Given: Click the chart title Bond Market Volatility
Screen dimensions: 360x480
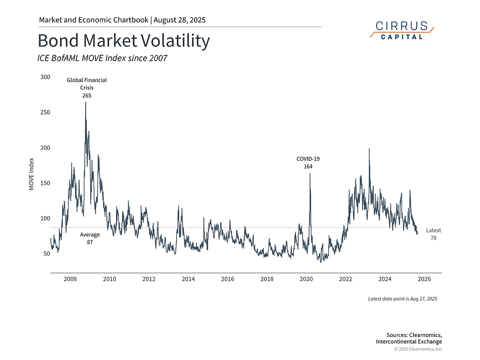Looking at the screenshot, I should pyautogui.click(x=123, y=41).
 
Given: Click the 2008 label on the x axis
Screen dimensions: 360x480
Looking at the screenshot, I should pyautogui.click(x=70, y=279).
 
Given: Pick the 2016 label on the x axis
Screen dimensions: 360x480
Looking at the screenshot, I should pyautogui.click(x=227, y=279).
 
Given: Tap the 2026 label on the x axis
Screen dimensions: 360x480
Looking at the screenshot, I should pyautogui.click(x=424, y=279).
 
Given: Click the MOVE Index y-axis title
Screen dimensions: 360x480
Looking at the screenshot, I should pyautogui.click(x=31, y=174).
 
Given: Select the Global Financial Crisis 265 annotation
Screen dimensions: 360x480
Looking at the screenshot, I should pyautogui.click(x=87, y=88).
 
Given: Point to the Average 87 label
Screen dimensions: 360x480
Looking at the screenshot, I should pyautogui.click(x=90, y=239).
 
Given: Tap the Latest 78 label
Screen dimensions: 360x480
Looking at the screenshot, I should pyautogui.click(x=433, y=234).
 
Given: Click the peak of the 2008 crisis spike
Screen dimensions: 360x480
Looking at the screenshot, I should pyautogui.click(x=86, y=102).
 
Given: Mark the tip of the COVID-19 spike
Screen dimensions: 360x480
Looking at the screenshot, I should pyautogui.click(x=310, y=173).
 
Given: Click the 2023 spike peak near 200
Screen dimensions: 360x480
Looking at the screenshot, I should pyautogui.click(x=369, y=148).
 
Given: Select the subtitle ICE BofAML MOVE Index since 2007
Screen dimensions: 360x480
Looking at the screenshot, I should pyautogui.click(x=102, y=58).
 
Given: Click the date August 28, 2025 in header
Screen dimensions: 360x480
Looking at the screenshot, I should pyautogui.click(x=180, y=20).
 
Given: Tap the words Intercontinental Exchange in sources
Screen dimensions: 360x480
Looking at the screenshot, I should pyautogui.click(x=408, y=341).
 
